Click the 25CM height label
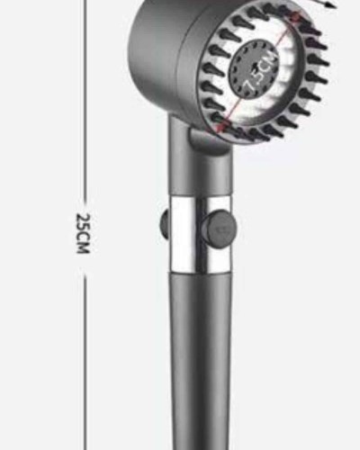coord(83,233)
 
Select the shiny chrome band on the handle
coord(201,234)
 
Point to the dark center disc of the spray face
coord(254,71)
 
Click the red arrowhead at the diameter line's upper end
coord(296,16)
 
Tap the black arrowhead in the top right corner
coord(329,4)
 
